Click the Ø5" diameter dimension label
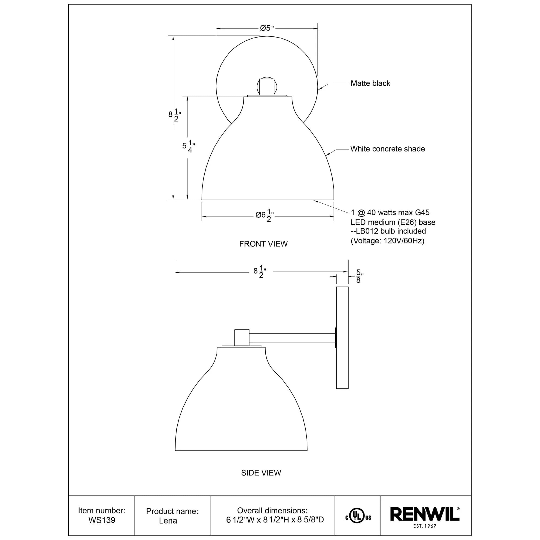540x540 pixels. coord(267,28)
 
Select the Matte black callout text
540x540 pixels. coord(370,83)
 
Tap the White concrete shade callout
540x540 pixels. coord(387,149)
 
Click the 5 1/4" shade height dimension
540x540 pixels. coord(188,146)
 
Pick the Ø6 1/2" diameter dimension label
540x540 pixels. coord(264,215)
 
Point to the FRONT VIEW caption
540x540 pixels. coord(263,244)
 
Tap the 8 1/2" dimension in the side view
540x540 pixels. coord(260,271)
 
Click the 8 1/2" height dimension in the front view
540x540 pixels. coord(174,115)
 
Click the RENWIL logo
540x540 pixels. coord(424,514)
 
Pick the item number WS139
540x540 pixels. coord(102,520)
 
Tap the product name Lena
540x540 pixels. coord(168,521)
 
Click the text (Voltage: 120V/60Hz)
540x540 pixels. coord(387,241)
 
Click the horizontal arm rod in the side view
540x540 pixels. coord(292,338)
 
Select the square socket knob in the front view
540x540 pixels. coord(267,87)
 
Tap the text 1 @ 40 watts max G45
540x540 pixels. coord(390,212)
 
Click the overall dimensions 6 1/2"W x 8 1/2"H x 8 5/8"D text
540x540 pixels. coord(275,519)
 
